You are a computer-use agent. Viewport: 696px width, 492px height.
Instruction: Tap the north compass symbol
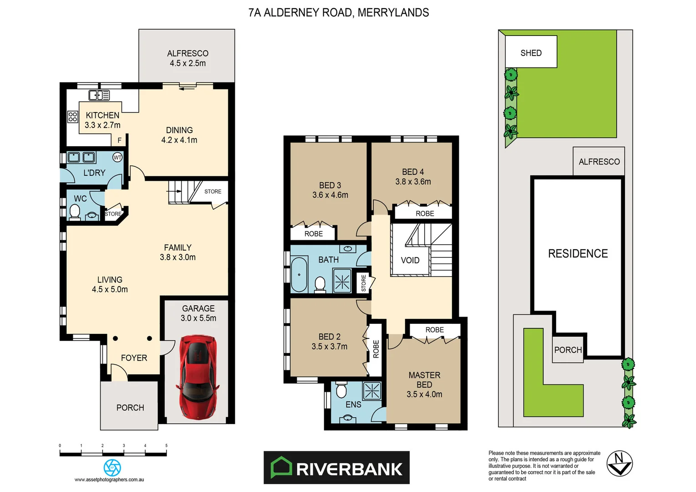click(x=620, y=463)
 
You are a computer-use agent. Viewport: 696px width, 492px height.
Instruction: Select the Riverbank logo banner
click(x=336, y=468)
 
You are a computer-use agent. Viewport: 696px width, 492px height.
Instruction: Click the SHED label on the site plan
click(x=531, y=53)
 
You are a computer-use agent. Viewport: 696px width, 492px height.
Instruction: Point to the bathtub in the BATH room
click(x=299, y=275)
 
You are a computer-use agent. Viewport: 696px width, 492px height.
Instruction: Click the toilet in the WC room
click(x=75, y=211)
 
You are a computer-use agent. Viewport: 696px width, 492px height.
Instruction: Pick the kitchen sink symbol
click(x=99, y=95)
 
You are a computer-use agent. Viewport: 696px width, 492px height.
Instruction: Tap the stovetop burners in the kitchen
click(x=73, y=117)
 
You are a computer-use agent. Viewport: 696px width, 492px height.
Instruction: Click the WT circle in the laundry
click(x=117, y=158)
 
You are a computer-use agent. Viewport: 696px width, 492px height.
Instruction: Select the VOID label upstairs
click(x=410, y=260)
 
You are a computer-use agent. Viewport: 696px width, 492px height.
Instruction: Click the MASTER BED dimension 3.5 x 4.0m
click(x=424, y=394)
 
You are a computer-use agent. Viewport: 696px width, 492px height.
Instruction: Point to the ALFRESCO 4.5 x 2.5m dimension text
click(x=188, y=63)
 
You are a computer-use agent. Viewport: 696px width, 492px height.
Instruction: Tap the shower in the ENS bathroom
click(x=371, y=390)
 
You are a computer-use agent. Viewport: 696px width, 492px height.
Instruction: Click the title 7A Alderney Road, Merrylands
click(x=338, y=13)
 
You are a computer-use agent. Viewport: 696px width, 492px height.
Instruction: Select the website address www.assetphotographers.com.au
click(x=109, y=479)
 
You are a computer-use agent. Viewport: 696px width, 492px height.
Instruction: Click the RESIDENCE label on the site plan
click(x=578, y=254)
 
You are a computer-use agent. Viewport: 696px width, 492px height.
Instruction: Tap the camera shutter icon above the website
click(x=112, y=467)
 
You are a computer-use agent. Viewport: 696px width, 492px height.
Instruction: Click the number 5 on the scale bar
click(x=166, y=446)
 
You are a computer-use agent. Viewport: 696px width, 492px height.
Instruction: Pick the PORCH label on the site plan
click(x=568, y=350)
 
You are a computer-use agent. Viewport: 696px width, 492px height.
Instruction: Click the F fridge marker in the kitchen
click(x=120, y=140)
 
